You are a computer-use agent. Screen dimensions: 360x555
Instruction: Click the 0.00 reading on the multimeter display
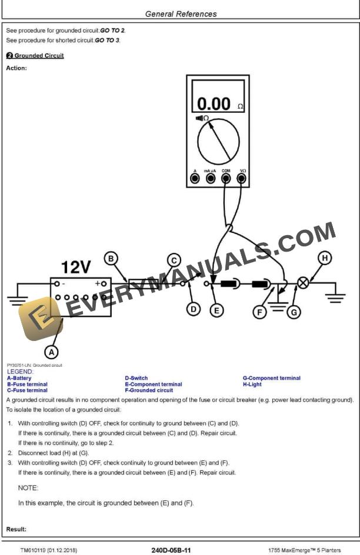213,104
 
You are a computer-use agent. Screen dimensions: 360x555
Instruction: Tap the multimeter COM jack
226,178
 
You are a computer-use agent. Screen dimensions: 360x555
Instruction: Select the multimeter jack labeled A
195,178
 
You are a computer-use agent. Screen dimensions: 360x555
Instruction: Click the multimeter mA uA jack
210,178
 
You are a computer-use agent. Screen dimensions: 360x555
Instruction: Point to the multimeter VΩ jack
242,178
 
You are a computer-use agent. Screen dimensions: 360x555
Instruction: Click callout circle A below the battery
52,352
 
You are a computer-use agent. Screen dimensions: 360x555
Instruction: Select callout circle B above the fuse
111,258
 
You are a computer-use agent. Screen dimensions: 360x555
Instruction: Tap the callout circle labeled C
173,260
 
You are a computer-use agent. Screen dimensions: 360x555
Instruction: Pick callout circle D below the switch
194,309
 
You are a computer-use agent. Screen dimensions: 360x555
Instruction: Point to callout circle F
260,312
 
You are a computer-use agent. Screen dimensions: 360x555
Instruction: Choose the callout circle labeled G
293,312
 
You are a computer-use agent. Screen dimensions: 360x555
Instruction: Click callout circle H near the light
324,258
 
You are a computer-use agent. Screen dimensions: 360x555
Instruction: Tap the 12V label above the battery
76,268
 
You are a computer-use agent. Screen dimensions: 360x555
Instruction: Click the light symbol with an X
303,283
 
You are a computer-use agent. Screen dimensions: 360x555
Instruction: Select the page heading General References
180,14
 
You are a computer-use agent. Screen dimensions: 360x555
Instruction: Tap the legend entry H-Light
254,385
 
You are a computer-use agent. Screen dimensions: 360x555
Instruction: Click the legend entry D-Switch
136,379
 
